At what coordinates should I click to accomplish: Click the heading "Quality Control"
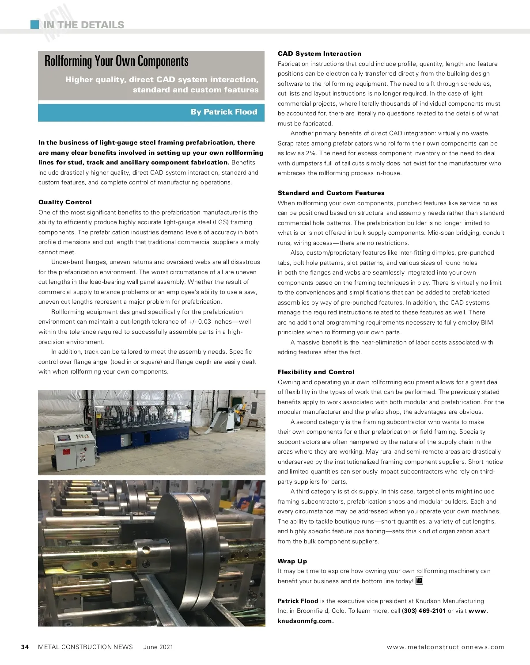tap(65, 202)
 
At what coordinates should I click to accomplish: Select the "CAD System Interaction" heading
tap(319, 54)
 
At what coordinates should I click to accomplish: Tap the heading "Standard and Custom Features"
tap(331, 193)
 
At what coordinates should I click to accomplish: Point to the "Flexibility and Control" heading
tap(316, 372)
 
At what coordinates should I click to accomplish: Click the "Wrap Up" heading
tap(292, 561)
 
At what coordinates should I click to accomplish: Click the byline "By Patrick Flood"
tap(223, 112)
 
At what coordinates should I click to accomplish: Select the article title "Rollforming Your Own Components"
tap(117, 61)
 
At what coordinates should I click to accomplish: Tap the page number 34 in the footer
tap(25, 647)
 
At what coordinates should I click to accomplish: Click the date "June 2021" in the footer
tap(158, 647)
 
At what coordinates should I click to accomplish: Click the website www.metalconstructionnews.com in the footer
tap(445, 647)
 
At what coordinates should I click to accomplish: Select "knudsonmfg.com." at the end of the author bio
tap(306, 621)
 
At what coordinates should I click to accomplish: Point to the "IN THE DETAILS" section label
tap(83, 25)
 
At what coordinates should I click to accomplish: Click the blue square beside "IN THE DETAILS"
tap(34, 24)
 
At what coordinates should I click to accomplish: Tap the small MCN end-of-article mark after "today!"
tap(419, 581)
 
